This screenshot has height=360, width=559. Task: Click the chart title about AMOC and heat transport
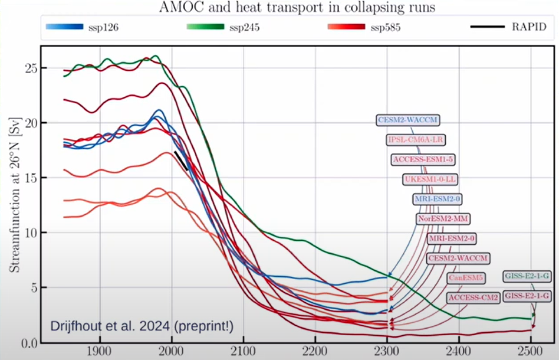click(279, 8)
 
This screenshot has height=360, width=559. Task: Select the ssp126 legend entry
click(103, 27)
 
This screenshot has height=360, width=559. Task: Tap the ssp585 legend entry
click(386, 27)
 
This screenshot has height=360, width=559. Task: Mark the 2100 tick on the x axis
click(244, 351)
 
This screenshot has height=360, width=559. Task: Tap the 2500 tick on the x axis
click(531, 351)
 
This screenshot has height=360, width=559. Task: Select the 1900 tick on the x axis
click(100, 351)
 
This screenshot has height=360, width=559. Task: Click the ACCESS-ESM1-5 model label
click(423, 159)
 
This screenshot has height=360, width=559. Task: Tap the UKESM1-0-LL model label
click(431, 179)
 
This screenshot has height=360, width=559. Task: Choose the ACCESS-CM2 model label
click(473, 297)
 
